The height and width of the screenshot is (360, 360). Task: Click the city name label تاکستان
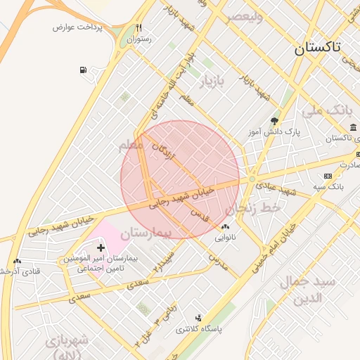click(x=316, y=48)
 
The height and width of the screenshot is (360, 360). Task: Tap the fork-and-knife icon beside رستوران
click(x=139, y=28)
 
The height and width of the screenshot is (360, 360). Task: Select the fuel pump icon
click(x=84, y=70)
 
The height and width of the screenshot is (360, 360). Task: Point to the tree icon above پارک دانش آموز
click(x=274, y=121)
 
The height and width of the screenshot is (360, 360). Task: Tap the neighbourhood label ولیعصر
click(x=244, y=17)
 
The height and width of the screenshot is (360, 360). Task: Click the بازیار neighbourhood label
click(x=213, y=82)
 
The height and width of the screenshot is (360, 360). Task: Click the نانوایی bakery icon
click(x=225, y=226)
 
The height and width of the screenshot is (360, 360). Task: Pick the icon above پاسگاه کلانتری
click(x=198, y=318)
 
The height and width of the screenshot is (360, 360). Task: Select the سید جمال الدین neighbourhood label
click(x=309, y=289)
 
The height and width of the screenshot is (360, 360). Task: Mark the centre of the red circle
click(x=180, y=179)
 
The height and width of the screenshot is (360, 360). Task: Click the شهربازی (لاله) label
click(x=67, y=347)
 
